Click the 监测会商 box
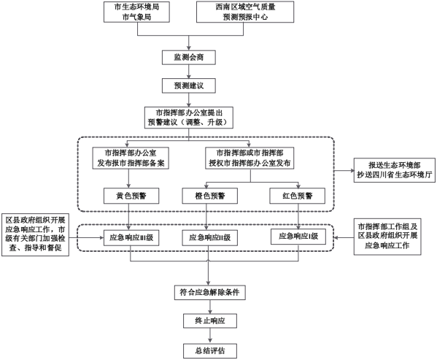pyautogui.click(x=189, y=58)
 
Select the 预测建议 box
pyautogui.click(x=189, y=85)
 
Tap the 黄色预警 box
pyautogui.click(x=131, y=196)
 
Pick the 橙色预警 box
pyautogui.click(x=210, y=196)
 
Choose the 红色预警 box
pyautogui.click(x=298, y=196)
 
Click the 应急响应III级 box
pyautogui.click(x=131, y=238)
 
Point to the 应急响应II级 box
pyautogui.click(x=210, y=238)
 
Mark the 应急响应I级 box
pyautogui.click(x=298, y=237)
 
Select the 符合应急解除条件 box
pyautogui.click(x=210, y=293)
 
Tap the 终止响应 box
pyautogui.click(x=210, y=321)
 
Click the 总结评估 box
pyautogui.click(x=210, y=351)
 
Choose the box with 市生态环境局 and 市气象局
pyautogui.click(x=136, y=12)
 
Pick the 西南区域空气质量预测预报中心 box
pyautogui.click(x=245, y=12)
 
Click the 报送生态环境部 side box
pyautogui.click(x=395, y=170)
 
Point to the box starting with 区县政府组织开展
pyautogui.click(x=36, y=234)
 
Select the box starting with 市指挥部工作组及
pyautogui.click(x=387, y=237)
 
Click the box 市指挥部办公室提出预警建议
pyautogui.click(x=189, y=118)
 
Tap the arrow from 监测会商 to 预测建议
pyautogui.click(x=189, y=72)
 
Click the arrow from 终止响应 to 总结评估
pyautogui.click(x=210, y=336)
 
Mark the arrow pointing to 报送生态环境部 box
pyautogui.click(x=344, y=170)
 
